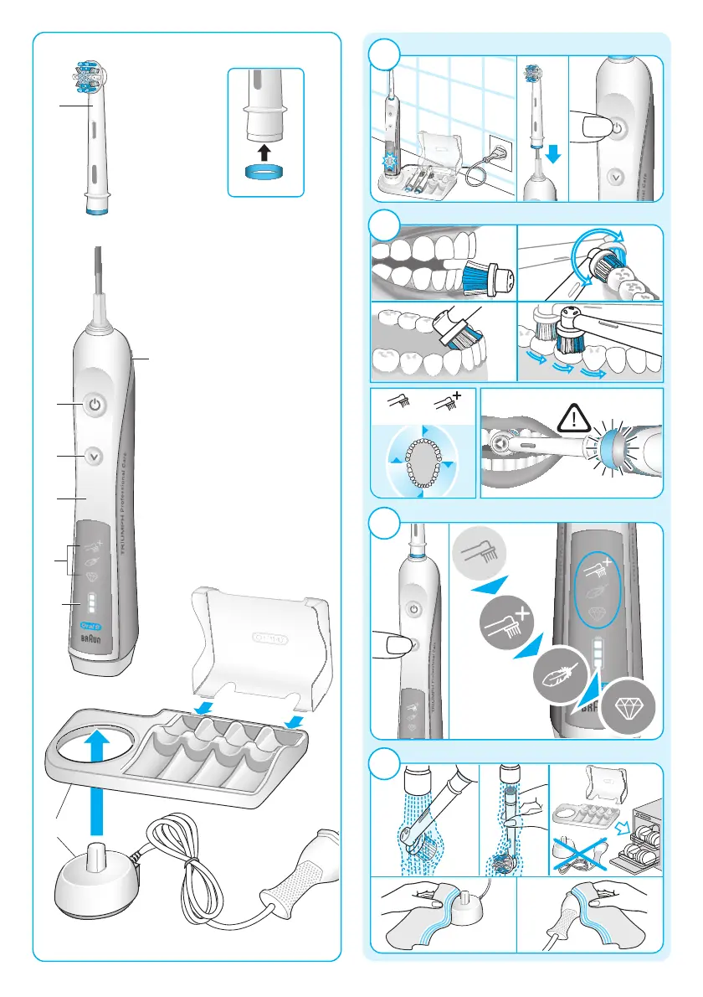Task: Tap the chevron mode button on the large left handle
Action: point(95,457)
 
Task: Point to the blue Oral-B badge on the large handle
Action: point(90,625)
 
